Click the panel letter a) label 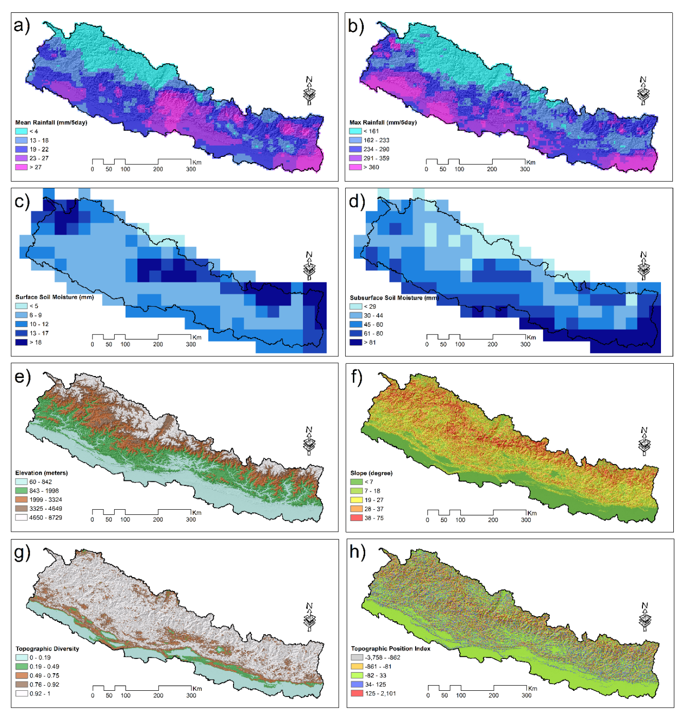point(22,26)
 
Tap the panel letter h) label point(357,551)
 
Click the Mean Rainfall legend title point(51,122)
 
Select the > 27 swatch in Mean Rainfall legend point(21,167)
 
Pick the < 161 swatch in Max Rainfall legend point(355,131)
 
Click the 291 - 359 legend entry point(376,158)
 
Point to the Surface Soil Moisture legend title point(54,297)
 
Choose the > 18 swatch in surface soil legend point(21,342)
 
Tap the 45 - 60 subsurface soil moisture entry point(373,325)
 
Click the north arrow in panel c point(309,265)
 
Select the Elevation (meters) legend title point(41,473)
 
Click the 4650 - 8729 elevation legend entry point(45,517)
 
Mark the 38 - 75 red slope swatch point(356,518)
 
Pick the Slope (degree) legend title point(371,473)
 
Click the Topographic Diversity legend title point(47,649)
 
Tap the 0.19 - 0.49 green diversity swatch point(21,667)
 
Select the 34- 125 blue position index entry point(375,685)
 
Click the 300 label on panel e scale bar point(191,520)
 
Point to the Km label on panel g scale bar point(197,688)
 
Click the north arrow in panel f point(644,441)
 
